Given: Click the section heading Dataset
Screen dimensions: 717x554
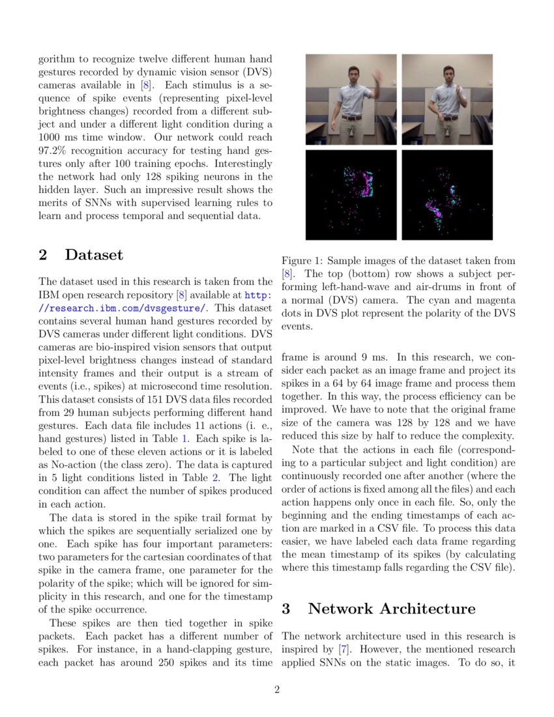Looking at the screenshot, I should pos(93,255).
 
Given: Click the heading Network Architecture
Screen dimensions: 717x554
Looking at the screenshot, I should pos(391,608).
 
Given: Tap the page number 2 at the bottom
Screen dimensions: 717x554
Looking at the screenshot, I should pos(277,690).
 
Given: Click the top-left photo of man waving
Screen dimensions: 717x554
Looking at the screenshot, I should pos(351,99).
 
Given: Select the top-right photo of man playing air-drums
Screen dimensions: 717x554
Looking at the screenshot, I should pos(447,99).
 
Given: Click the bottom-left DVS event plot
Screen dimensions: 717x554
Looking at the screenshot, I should pos(351,195).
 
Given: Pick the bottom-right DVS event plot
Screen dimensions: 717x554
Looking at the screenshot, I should pos(447,195).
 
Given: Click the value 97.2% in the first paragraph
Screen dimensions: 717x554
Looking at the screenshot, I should pos(53,150).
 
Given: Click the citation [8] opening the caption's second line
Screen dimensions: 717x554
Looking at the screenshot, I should pos(287,274).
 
